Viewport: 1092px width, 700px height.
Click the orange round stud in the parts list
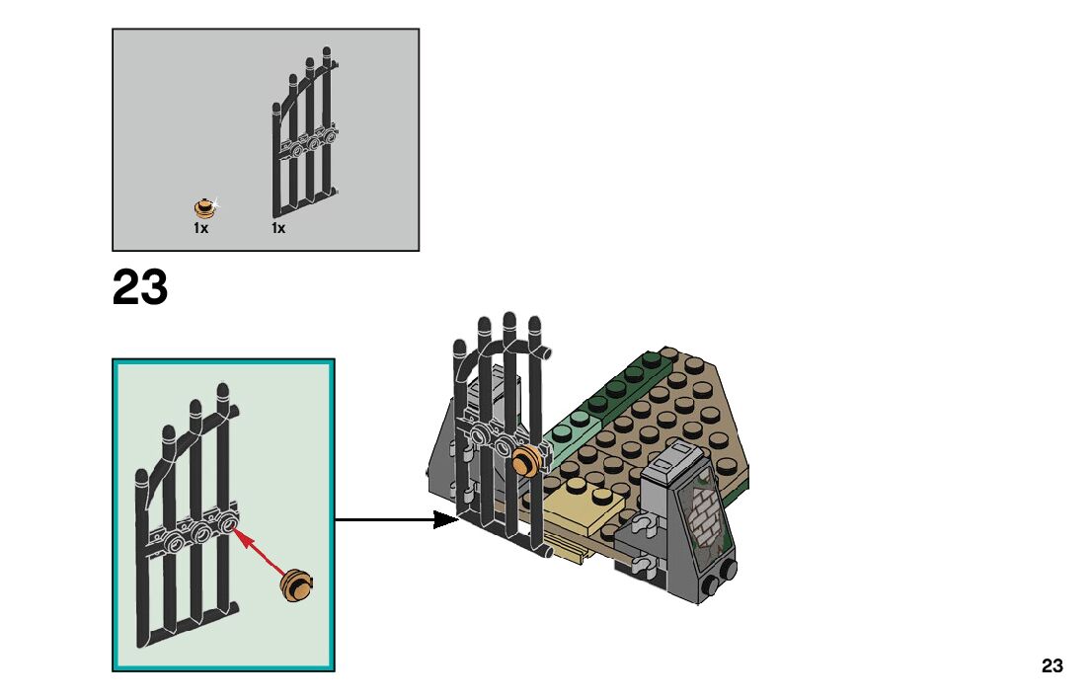[205, 207]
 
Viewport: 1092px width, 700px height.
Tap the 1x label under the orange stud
[200, 228]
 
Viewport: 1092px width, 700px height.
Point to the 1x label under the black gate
[278, 228]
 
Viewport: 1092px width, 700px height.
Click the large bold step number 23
[140, 288]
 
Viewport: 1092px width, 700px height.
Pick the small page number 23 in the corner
[1052, 665]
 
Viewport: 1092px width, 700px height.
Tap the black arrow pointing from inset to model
[395, 519]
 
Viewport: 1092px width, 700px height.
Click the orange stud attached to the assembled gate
[527, 458]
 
